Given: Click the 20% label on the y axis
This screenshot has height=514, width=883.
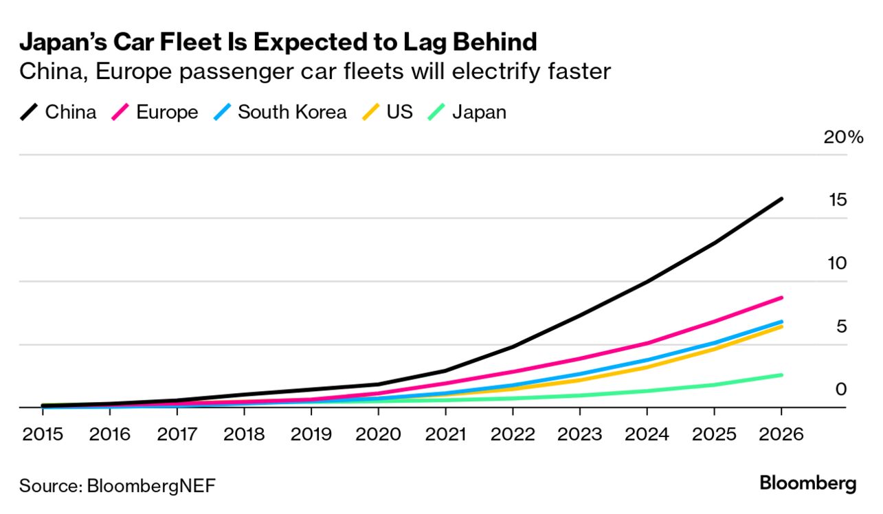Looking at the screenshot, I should tap(842, 137).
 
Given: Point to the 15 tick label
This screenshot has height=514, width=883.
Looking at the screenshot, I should tap(838, 200).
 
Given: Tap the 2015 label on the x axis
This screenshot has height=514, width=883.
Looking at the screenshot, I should tap(43, 434).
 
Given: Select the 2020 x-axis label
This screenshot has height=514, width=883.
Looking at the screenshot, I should tap(378, 434).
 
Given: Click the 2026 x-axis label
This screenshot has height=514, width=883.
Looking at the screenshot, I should tap(781, 434).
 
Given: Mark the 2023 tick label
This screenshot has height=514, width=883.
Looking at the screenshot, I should tap(579, 434).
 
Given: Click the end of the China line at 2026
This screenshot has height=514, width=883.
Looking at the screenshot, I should tap(781, 199).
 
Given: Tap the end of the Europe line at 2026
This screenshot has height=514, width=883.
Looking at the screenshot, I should tap(781, 298).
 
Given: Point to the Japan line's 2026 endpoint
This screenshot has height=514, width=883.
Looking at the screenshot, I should tap(781, 375).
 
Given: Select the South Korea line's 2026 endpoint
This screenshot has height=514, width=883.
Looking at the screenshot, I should tap(781, 321).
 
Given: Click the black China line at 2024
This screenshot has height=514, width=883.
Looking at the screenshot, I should tap(647, 281).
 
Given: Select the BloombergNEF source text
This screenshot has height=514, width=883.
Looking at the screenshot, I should tap(151, 486).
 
